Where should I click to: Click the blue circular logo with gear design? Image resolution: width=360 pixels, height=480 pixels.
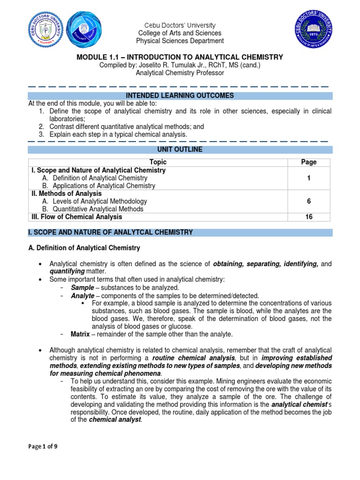[x=85, y=29]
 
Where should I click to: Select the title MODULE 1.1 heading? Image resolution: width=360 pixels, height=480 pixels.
[x=180, y=57]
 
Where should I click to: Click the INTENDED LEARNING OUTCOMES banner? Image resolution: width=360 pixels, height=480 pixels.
[x=180, y=96]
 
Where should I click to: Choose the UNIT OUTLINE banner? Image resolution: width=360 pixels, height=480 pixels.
[x=180, y=149]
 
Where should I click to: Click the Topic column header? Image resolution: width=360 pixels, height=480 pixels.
[x=157, y=162]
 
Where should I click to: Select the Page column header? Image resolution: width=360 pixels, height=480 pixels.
[x=308, y=162]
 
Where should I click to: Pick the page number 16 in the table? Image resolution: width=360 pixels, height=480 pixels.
[x=308, y=217]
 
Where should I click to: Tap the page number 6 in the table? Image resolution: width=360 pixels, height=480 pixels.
[x=308, y=202]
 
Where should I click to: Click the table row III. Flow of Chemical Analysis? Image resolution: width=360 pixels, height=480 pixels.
[x=77, y=217]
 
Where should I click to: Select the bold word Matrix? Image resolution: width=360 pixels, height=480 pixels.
[x=80, y=334]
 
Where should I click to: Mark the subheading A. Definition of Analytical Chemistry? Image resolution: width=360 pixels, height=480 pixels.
[x=84, y=247]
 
